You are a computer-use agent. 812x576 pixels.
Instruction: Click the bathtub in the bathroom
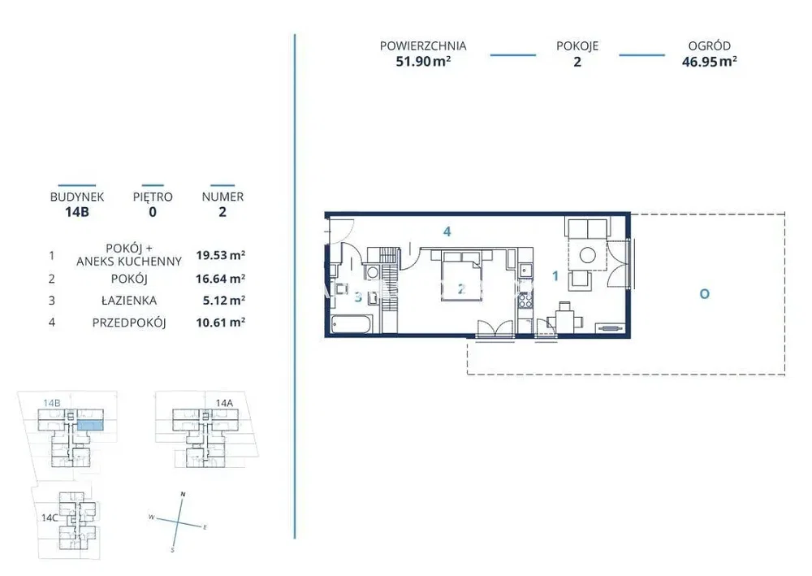[x=351, y=325]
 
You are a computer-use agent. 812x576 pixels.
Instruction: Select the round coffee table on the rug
[x=588, y=255]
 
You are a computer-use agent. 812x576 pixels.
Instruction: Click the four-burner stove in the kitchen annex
[x=525, y=301]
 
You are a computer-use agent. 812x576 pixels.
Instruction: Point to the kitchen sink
[x=524, y=271]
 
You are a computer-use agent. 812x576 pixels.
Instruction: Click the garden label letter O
[x=704, y=294]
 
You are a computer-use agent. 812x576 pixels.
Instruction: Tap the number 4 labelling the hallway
[x=447, y=232]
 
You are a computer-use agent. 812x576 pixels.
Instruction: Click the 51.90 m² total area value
[x=423, y=62]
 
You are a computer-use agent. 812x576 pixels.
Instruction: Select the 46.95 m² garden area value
[x=709, y=62]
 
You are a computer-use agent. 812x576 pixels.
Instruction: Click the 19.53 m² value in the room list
[x=220, y=255]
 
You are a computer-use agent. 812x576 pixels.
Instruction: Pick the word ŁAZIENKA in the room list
[x=129, y=301]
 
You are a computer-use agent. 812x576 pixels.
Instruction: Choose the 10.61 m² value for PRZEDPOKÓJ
[x=220, y=323]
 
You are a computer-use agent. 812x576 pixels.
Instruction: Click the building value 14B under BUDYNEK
[x=77, y=212]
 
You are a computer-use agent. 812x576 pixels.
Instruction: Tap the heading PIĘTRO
[x=153, y=197]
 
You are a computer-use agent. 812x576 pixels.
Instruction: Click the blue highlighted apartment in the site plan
[x=90, y=426]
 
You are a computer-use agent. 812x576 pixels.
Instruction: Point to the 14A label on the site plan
[x=224, y=402]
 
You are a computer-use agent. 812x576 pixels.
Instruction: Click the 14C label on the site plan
[x=50, y=518]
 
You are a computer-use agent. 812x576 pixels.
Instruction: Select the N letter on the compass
[x=183, y=494]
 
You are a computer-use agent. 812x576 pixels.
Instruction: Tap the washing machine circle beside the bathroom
[x=372, y=272]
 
